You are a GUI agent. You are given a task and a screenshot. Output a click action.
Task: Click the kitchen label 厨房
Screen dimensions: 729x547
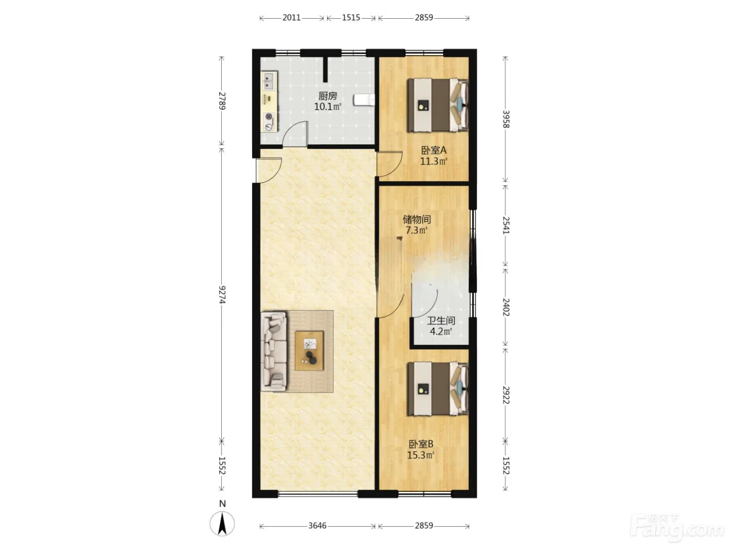(x=328, y=96)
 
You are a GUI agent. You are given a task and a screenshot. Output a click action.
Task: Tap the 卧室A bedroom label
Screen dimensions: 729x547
(x=434, y=151)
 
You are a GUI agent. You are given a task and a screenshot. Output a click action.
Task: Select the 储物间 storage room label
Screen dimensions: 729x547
(x=417, y=219)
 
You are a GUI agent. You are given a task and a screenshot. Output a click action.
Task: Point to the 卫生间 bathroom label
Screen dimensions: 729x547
(x=441, y=320)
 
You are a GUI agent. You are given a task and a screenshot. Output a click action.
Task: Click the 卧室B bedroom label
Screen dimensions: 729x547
(x=421, y=444)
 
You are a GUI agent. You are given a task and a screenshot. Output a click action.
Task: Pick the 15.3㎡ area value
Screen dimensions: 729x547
(x=421, y=455)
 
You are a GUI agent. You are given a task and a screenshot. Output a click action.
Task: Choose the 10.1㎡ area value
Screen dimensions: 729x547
(x=328, y=107)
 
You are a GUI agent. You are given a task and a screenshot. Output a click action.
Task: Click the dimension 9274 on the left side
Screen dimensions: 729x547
(x=222, y=294)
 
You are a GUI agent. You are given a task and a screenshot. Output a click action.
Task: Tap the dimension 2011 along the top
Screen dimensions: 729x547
(x=291, y=18)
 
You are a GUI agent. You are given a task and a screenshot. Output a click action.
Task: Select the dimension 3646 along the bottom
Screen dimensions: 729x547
(x=317, y=526)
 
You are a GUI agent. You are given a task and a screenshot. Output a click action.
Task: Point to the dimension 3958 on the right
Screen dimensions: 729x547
(x=506, y=119)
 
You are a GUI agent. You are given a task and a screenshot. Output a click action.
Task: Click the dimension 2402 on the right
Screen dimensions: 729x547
(x=506, y=307)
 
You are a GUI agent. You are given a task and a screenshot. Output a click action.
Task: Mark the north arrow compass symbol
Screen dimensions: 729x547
(x=222, y=524)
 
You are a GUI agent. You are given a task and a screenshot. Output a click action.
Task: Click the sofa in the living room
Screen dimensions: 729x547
(x=274, y=351)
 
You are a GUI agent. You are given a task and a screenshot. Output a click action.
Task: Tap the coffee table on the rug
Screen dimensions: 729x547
(x=309, y=351)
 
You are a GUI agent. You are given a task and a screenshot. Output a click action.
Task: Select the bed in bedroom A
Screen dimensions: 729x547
(x=438, y=105)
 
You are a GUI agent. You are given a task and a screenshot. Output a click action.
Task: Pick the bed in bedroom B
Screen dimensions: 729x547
(x=438, y=389)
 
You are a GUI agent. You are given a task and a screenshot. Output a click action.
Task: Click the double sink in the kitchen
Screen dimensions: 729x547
(x=269, y=81)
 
